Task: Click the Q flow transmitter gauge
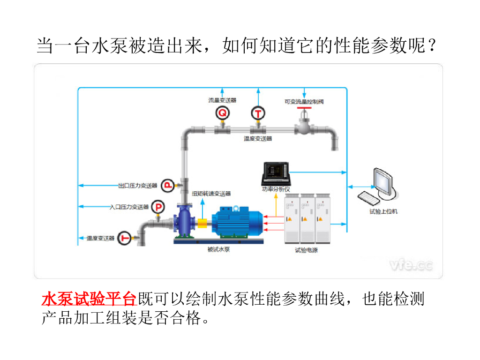[x=223, y=113]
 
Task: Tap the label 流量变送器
[x=222, y=100]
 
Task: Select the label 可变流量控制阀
[x=304, y=101]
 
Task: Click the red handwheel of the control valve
[x=305, y=109]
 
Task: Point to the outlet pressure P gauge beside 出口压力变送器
[x=167, y=186]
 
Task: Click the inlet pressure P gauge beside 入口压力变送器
[x=159, y=207]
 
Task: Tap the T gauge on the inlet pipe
[x=125, y=238]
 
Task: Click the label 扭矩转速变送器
[x=211, y=194]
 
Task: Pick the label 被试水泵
[x=218, y=250]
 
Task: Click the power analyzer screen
[x=276, y=171]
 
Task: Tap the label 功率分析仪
[x=276, y=189]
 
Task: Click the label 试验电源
[x=306, y=250]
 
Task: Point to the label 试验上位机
[x=383, y=211]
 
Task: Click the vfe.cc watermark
[x=411, y=265]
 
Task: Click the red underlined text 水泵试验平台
[x=89, y=299]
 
